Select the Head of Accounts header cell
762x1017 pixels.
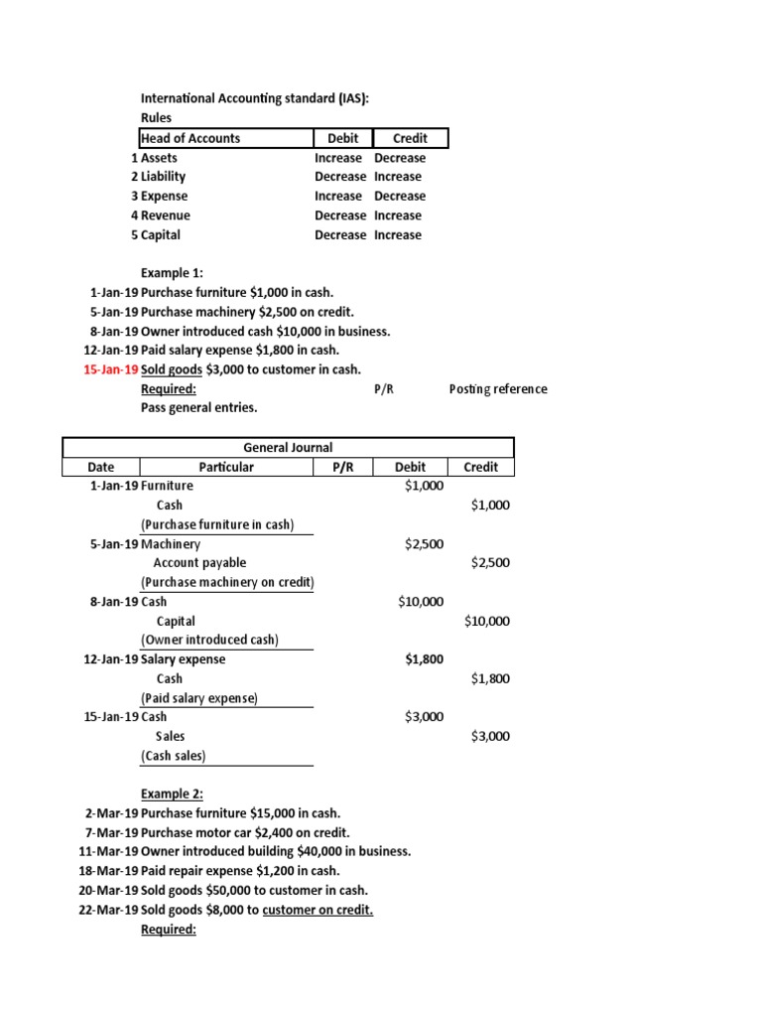coord(190,138)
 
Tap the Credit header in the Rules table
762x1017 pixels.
coord(409,138)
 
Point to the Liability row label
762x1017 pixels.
coord(163,177)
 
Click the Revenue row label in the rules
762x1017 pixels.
coord(165,216)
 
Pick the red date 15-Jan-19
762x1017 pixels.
coord(111,369)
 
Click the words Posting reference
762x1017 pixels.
coord(497,389)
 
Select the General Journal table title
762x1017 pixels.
coord(288,447)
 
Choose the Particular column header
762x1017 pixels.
coord(226,467)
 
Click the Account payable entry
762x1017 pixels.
coord(199,563)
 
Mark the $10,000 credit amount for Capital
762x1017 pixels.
coord(486,621)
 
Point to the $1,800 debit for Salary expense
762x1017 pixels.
coord(424,659)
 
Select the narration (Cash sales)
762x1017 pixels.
coord(174,756)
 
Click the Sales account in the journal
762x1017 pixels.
coord(170,736)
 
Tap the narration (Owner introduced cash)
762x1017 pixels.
coord(209,640)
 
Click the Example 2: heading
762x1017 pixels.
coord(171,795)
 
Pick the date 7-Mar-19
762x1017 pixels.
coord(111,832)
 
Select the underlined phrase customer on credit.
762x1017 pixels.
coord(317,910)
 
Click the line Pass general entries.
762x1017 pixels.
coord(198,408)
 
